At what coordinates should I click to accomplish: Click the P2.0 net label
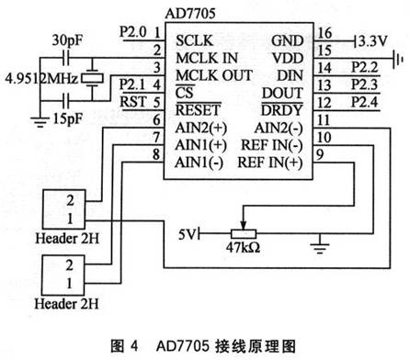point(132,35)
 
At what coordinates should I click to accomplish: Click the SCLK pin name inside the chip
point(193,41)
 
